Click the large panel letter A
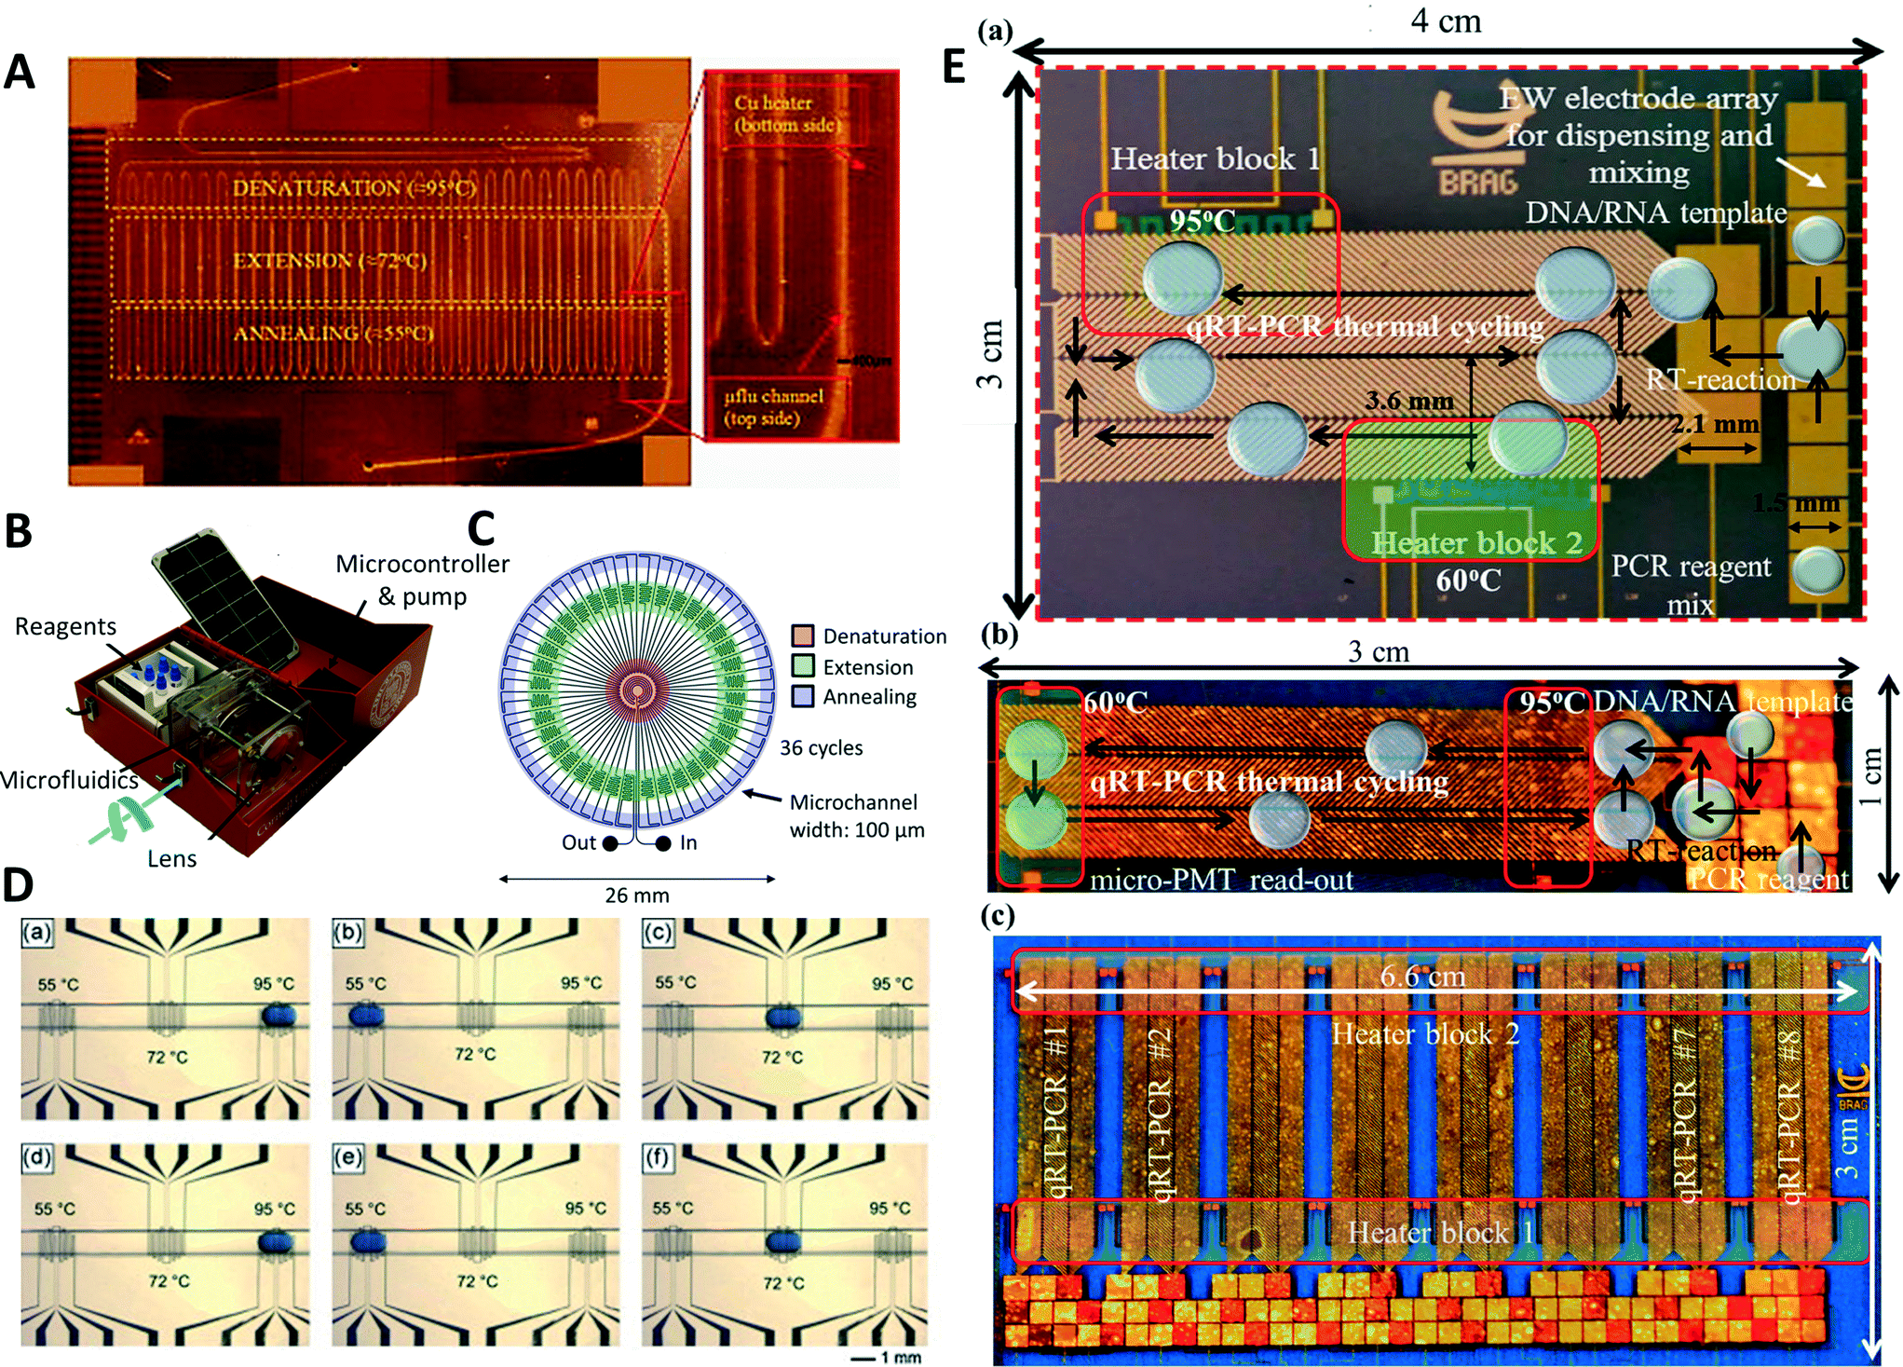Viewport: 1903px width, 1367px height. tap(20, 72)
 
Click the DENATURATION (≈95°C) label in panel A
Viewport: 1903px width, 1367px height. tap(353, 188)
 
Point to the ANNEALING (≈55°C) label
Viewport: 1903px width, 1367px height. tap(333, 333)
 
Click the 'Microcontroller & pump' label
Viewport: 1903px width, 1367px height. tap(422, 579)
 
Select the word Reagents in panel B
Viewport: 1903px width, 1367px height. tap(65, 626)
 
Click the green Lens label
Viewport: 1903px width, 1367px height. tap(171, 858)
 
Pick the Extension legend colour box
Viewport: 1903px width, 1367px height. tap(802, 666)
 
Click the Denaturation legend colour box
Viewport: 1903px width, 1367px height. tap(802, 636)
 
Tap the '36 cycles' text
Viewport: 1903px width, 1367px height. tap(821, 747)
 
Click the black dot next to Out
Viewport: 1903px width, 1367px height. tap(610, 843)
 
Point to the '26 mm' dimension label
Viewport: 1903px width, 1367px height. tap(636, 895)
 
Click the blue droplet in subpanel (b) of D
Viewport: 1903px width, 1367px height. tap(367, 1014)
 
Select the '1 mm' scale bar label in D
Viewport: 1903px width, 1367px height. tap(900, 1358)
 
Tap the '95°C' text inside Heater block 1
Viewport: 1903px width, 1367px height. tap(1203, 221)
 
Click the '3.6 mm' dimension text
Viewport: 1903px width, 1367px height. tap(1408, 401)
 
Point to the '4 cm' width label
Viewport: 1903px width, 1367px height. tap(1445, 21)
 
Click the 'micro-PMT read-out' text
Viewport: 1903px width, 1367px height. tap(1221, 880)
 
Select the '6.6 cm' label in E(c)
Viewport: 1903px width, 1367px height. tap(1422, 976)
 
